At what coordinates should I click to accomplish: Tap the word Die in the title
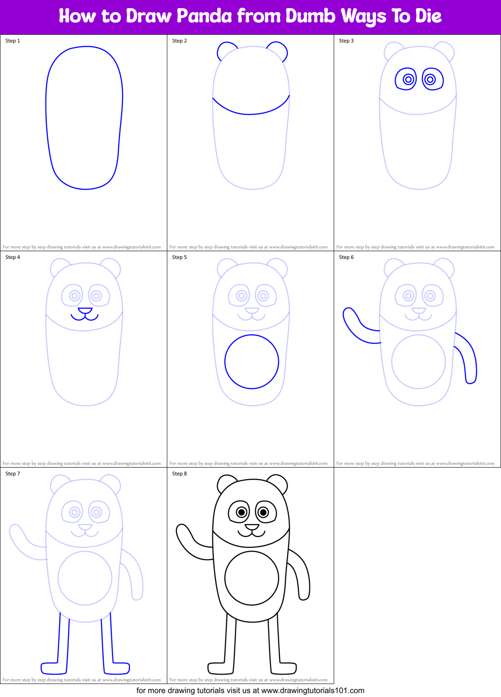point(428,16)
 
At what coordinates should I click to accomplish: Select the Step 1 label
point(13,41)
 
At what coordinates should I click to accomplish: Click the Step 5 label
point(179,257)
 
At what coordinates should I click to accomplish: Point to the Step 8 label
point(179,474)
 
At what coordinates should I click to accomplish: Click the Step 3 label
point(346,41)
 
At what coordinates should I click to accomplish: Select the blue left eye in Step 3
point(406,79)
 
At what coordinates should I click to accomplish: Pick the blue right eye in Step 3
point(432,79)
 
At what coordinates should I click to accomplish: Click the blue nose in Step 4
point(85,311)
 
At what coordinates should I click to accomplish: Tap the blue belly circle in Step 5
point(251,362)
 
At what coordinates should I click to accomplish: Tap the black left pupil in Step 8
point(241,512)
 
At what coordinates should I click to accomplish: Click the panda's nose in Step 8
point(252,527)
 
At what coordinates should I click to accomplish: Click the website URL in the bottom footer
point(313,690)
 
